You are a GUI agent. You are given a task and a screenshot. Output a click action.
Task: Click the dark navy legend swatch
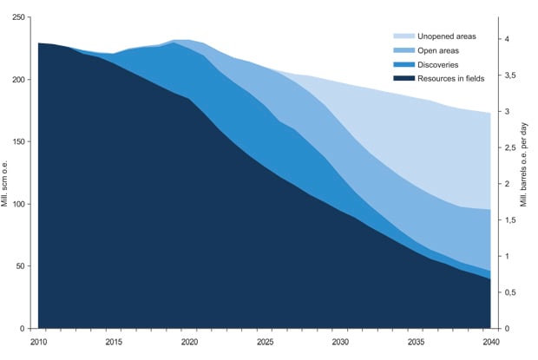[x=403, y=78]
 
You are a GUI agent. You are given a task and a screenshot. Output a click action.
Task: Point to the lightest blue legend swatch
[x=403, y=36]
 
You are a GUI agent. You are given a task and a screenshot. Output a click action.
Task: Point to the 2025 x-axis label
[x=265, y=343]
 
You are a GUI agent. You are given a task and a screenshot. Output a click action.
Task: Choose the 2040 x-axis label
[x=490, y=343]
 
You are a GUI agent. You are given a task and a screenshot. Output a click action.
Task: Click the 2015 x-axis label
[x=114, y=343]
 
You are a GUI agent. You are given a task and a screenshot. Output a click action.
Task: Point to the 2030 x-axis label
[x=339, y=343]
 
